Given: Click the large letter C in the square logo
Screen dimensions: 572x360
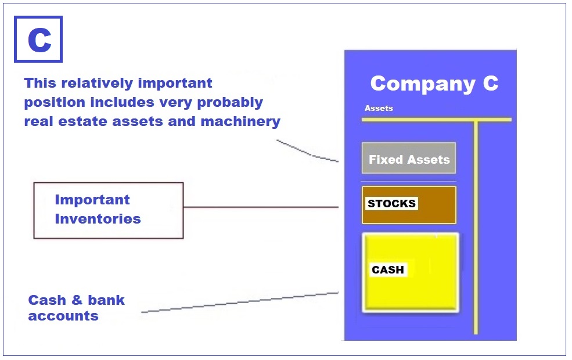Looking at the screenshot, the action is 39,40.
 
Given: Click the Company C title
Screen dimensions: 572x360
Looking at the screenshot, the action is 434,84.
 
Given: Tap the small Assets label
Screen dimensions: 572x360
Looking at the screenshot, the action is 379,108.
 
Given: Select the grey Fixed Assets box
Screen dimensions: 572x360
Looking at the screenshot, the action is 409,158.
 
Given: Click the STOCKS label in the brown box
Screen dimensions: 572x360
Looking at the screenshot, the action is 391,204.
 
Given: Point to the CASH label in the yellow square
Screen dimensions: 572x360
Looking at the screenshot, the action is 388,269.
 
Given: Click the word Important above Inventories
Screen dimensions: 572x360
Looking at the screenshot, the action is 92,200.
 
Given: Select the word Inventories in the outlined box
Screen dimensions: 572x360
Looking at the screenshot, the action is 98,219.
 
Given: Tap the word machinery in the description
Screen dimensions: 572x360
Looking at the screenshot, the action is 240,122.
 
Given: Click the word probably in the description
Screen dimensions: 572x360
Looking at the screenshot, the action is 230,103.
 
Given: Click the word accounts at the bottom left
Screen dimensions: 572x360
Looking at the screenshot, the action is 63,316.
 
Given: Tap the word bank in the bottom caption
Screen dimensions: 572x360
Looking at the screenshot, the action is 106,300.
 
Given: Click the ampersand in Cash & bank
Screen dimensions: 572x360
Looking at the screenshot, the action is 77,300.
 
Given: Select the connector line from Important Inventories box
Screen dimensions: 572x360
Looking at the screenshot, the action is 261,207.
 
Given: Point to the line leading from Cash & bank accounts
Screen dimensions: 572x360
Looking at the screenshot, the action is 240,303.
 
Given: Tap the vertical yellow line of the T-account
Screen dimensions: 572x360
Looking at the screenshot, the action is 476,227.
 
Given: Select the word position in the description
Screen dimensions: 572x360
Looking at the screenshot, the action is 55,103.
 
